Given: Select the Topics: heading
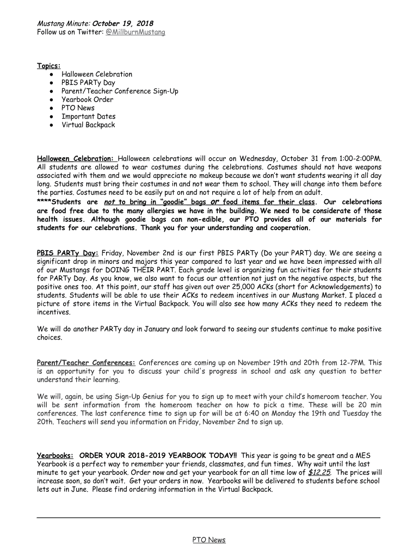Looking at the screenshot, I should coord(48,66).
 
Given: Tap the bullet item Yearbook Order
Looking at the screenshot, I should coord(87,100).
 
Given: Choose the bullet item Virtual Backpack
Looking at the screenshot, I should coord(88,125).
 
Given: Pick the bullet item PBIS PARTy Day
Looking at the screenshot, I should coord(88,83).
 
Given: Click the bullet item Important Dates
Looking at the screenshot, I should coord(88,116).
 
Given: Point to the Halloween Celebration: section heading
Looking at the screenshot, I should coord(76,158).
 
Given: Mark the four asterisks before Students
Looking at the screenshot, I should coord(44,202).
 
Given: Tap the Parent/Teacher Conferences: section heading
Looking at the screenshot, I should coord(86,363).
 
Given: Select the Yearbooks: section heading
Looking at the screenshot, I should coord(56,455).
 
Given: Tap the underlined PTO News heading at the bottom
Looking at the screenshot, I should coord(209,540).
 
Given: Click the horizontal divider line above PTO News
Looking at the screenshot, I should coord(209,517).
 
